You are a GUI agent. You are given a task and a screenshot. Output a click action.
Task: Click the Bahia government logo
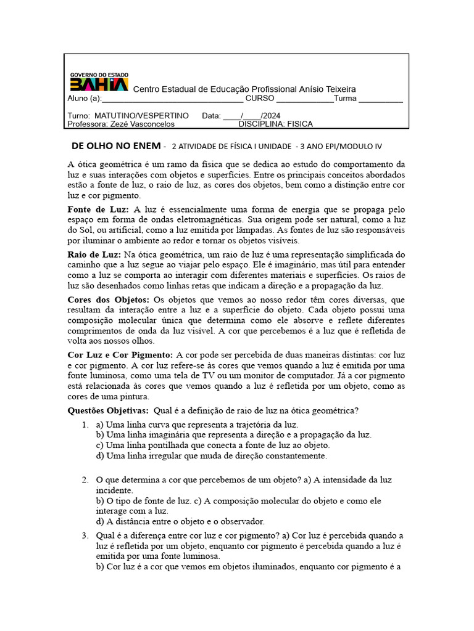(x=99, y=81)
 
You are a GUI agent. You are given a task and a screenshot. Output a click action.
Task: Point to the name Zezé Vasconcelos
(x=143, y=124)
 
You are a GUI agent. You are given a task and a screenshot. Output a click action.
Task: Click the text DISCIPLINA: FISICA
(x=275, y=124)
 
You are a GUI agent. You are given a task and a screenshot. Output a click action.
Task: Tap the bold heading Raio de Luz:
(x=94, y=254)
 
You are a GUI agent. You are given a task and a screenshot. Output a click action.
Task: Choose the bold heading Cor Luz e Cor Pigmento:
(x=120, y=355)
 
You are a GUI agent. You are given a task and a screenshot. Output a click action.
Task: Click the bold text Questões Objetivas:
(x=107, y=410)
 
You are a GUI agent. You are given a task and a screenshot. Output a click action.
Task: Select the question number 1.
(x=85, y=425)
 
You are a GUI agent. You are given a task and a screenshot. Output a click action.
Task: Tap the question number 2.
(x=85, y=479)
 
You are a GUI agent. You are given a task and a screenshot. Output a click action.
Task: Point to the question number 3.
(x=85, y=535)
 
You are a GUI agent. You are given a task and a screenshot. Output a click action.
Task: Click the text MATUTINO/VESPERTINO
(x=142, y=115)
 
